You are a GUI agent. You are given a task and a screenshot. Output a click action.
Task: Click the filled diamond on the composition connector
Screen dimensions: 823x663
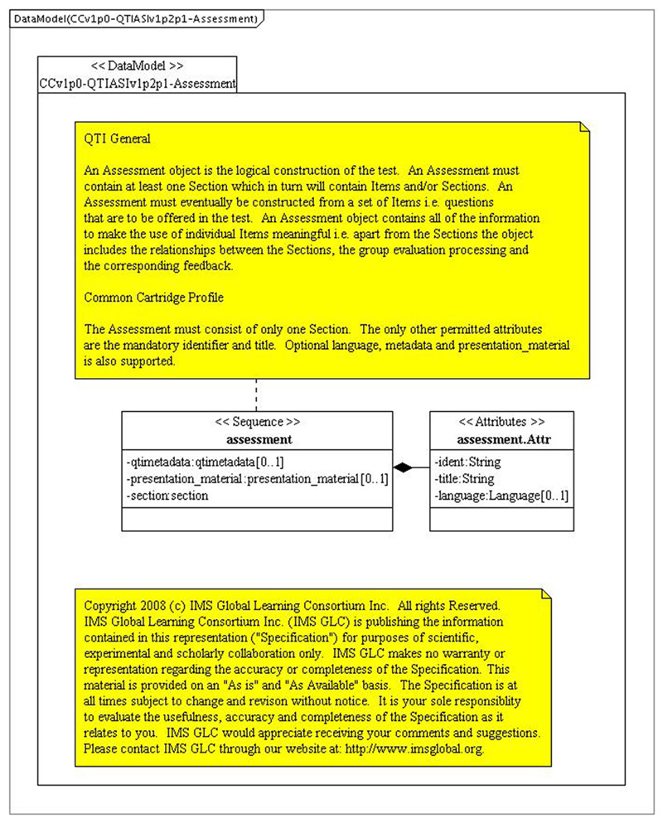click(x=403, y=468)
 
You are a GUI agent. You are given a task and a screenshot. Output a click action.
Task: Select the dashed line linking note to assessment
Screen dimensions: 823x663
click(x=257, y=394)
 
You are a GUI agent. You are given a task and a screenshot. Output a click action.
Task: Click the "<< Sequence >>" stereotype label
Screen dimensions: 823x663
click(x=257, y=420)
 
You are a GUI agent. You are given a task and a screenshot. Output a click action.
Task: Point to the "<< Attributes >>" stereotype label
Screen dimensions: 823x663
click(x=501, y=420)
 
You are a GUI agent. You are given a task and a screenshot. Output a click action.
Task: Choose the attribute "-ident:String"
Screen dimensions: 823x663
click(x=467, y=462)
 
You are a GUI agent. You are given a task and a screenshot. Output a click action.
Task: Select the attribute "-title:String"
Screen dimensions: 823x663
click(x=464, y=478)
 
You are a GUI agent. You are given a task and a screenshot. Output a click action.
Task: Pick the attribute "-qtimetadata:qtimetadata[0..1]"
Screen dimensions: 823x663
click(x=206, y=462)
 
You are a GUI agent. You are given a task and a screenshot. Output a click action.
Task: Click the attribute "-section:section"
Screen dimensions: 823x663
click(x=167, y=495)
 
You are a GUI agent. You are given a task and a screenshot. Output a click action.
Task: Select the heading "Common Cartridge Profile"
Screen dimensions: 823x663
click(x=154, y=296)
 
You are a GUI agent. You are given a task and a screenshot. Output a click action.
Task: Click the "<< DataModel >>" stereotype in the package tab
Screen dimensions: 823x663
click(x=137, y=65)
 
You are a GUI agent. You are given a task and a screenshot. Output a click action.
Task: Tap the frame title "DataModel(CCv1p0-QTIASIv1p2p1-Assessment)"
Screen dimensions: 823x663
click(x=135, y=18)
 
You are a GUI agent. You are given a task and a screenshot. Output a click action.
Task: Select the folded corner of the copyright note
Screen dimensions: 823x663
click(x=545, y=593)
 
